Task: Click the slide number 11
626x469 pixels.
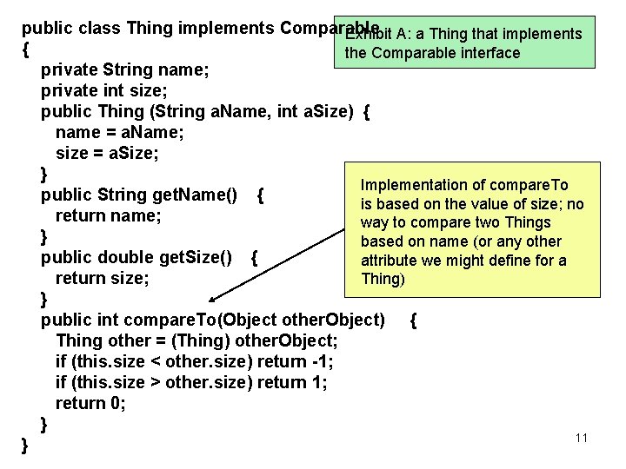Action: [x=582, y=438]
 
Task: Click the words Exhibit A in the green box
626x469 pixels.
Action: [x=379, y=35]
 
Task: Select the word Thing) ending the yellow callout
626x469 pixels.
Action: [x=383, y=279]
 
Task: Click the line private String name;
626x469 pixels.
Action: [x=124, y=69]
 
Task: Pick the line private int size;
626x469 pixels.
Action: [x=105, y=91]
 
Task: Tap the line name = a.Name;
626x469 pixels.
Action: [x=119, y=133]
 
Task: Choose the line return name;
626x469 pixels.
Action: [x=108, y=215]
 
